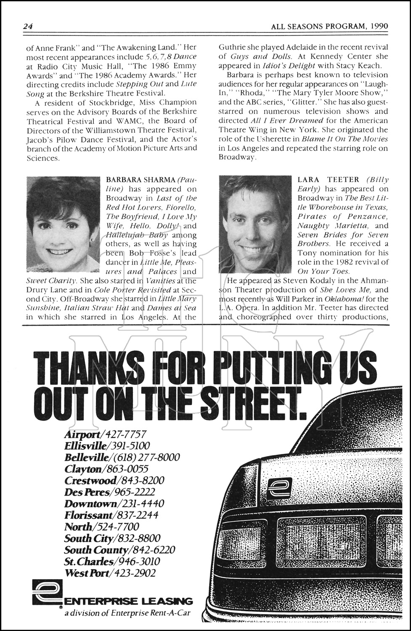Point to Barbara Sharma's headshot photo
pos(63,224)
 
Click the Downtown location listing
pos(114,504)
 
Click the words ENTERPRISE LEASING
pos(128,601)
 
